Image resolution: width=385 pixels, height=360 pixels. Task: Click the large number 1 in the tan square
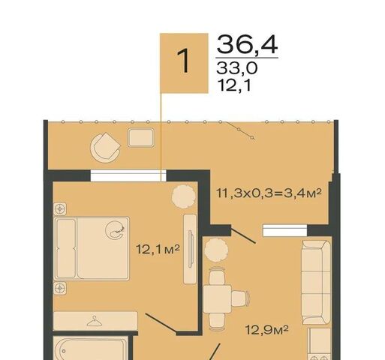pyautogui.click(x=184, y=61)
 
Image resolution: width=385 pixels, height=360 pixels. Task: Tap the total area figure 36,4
pyautogui.click(x=247, y=44)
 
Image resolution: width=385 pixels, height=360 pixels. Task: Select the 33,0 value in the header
pyautogui.click(x=236, y=68)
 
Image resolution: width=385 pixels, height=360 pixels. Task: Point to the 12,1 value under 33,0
pyautogui.click(x=234, y=85)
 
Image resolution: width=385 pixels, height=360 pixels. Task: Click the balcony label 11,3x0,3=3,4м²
pyautogui.click(x=269, y=193)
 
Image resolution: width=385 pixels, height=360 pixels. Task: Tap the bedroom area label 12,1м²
pyautogui.click(x=158, y=249)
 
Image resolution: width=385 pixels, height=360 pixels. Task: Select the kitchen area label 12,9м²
pyautogui.click(x=267, y=330)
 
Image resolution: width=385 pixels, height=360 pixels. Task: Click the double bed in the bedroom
pyautogui.click(x=92, y=248)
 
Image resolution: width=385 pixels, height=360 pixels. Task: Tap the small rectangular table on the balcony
pyautogui.click(x=141, y=137)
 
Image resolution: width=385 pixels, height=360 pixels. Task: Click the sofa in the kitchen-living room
pyautogui.click(x=316, y=283)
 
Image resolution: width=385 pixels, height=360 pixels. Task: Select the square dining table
pyautogui.click(x=217, y=299)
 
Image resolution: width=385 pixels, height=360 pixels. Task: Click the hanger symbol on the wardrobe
pyautogui.click(x=95, y=321)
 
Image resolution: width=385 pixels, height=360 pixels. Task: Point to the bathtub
pyautogui.click(x=91, y=348)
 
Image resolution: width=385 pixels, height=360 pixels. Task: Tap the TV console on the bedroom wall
pyautogui.click(x=190, y=249)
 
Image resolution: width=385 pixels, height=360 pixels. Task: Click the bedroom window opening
pyautogui.click(x=128, y=175)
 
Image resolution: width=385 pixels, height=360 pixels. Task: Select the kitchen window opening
pyautogui.click(x=284, y=230)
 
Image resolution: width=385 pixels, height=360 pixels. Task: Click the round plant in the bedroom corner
pyautogui.click(x=184, y=196)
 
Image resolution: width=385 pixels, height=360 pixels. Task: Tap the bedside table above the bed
pyautogui.click(x=60, y=209)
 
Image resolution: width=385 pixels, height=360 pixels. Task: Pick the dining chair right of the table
pyautogui.click(x=241, y=298)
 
